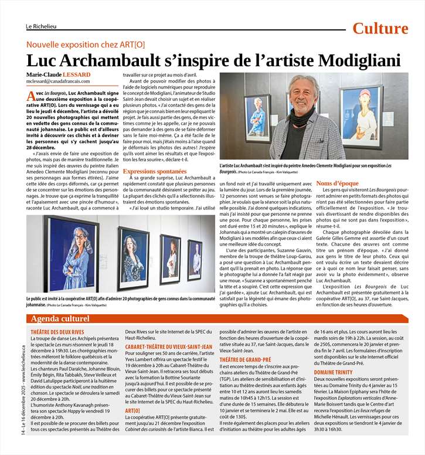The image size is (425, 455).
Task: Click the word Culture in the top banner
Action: point(380,28)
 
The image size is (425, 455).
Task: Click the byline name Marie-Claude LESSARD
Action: point(59,75)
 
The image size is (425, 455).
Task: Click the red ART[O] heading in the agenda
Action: point(132,411)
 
